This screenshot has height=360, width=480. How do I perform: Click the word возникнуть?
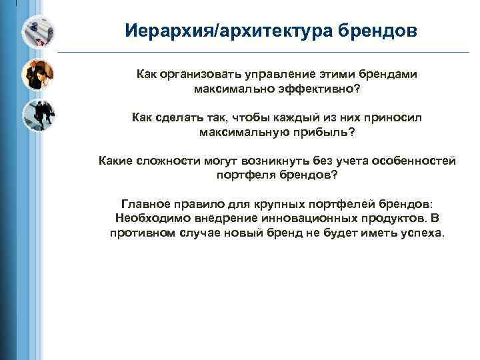coord(281,161)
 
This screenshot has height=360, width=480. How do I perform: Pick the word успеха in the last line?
coord(421,233)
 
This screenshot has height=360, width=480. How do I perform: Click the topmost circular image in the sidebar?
coord(37,31)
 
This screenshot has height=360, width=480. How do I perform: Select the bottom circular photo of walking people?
coord(37,116)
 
